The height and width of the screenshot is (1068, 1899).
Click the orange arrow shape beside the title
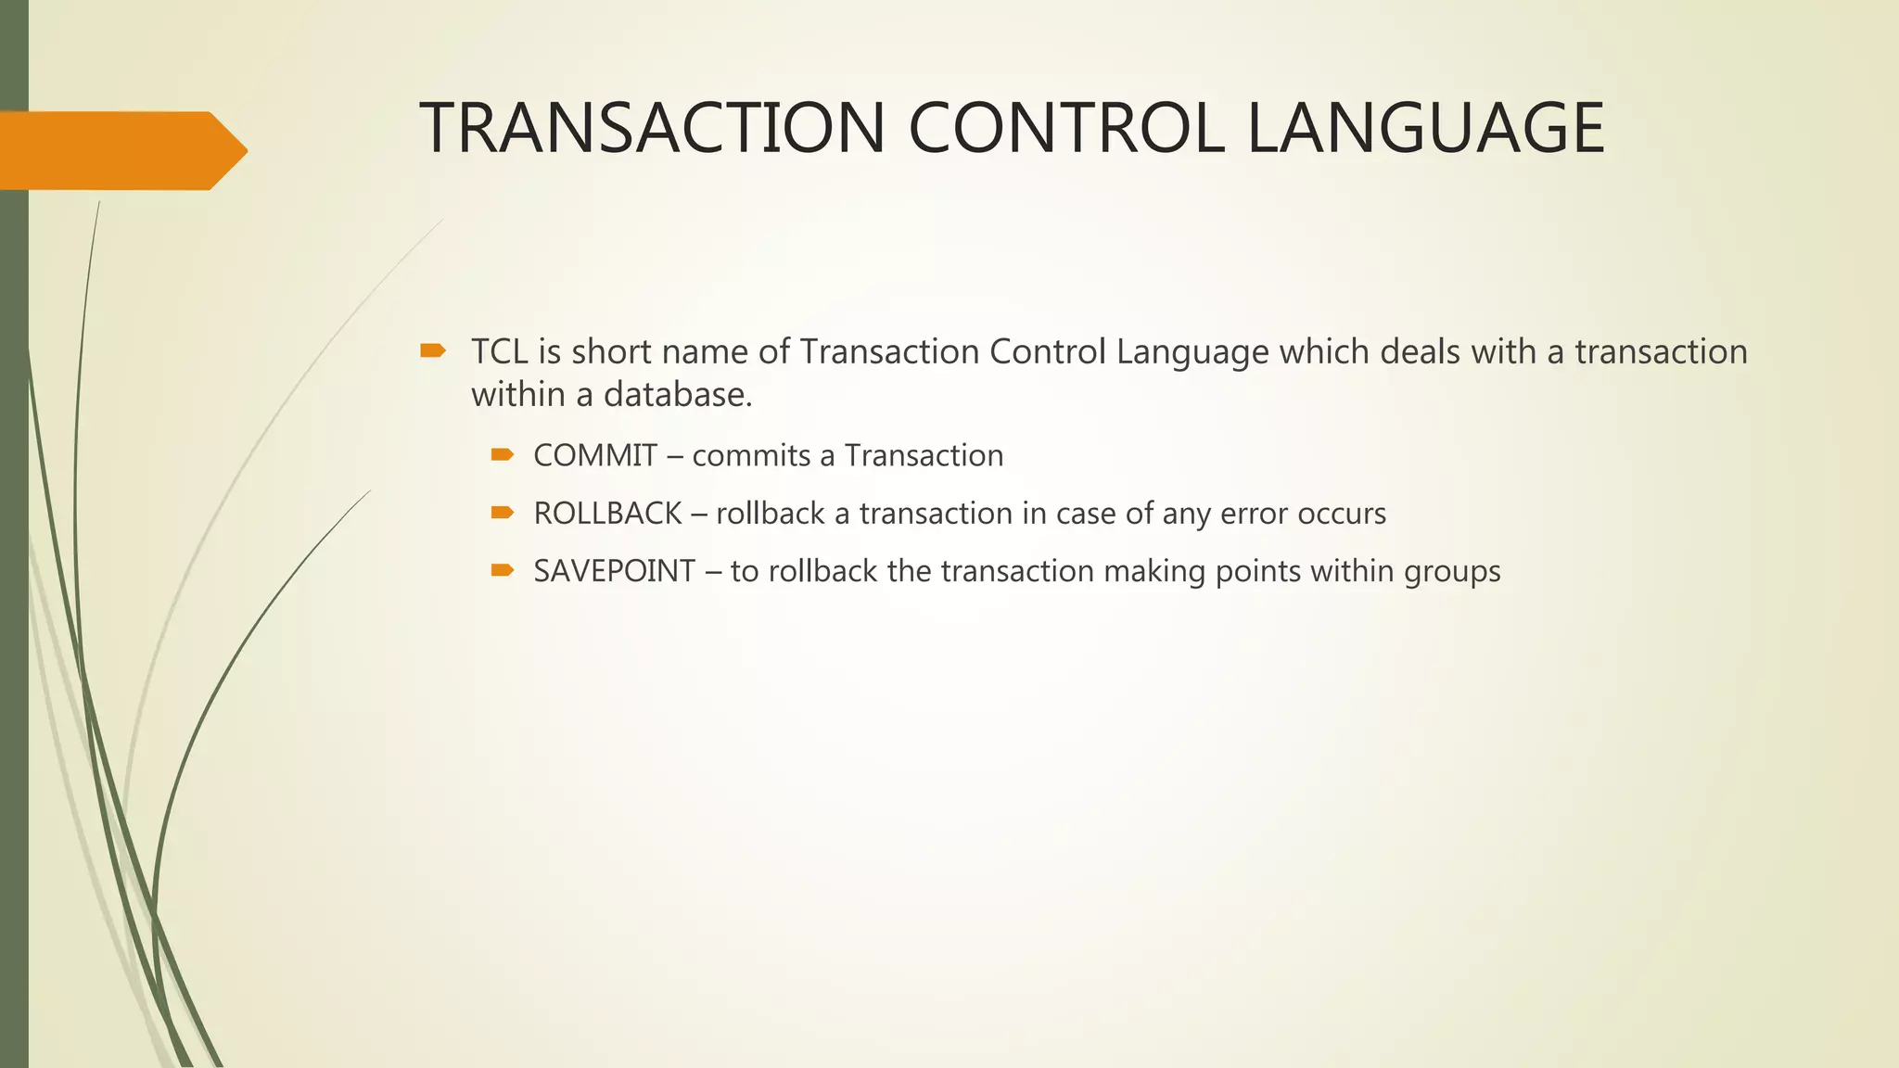[121, 150]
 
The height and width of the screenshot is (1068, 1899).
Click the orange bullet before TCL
[433, 350]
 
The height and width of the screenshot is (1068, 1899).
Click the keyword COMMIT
[595, 456]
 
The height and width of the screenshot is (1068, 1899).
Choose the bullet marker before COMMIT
[503, 454]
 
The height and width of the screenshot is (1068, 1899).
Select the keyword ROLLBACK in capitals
[607, 514]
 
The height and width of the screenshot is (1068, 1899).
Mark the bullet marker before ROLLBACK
[503, 512]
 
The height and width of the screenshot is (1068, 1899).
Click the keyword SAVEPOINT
[614, 571]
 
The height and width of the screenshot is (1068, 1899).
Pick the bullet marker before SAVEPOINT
[503, 569]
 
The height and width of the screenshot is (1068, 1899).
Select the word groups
[1452, 572]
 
